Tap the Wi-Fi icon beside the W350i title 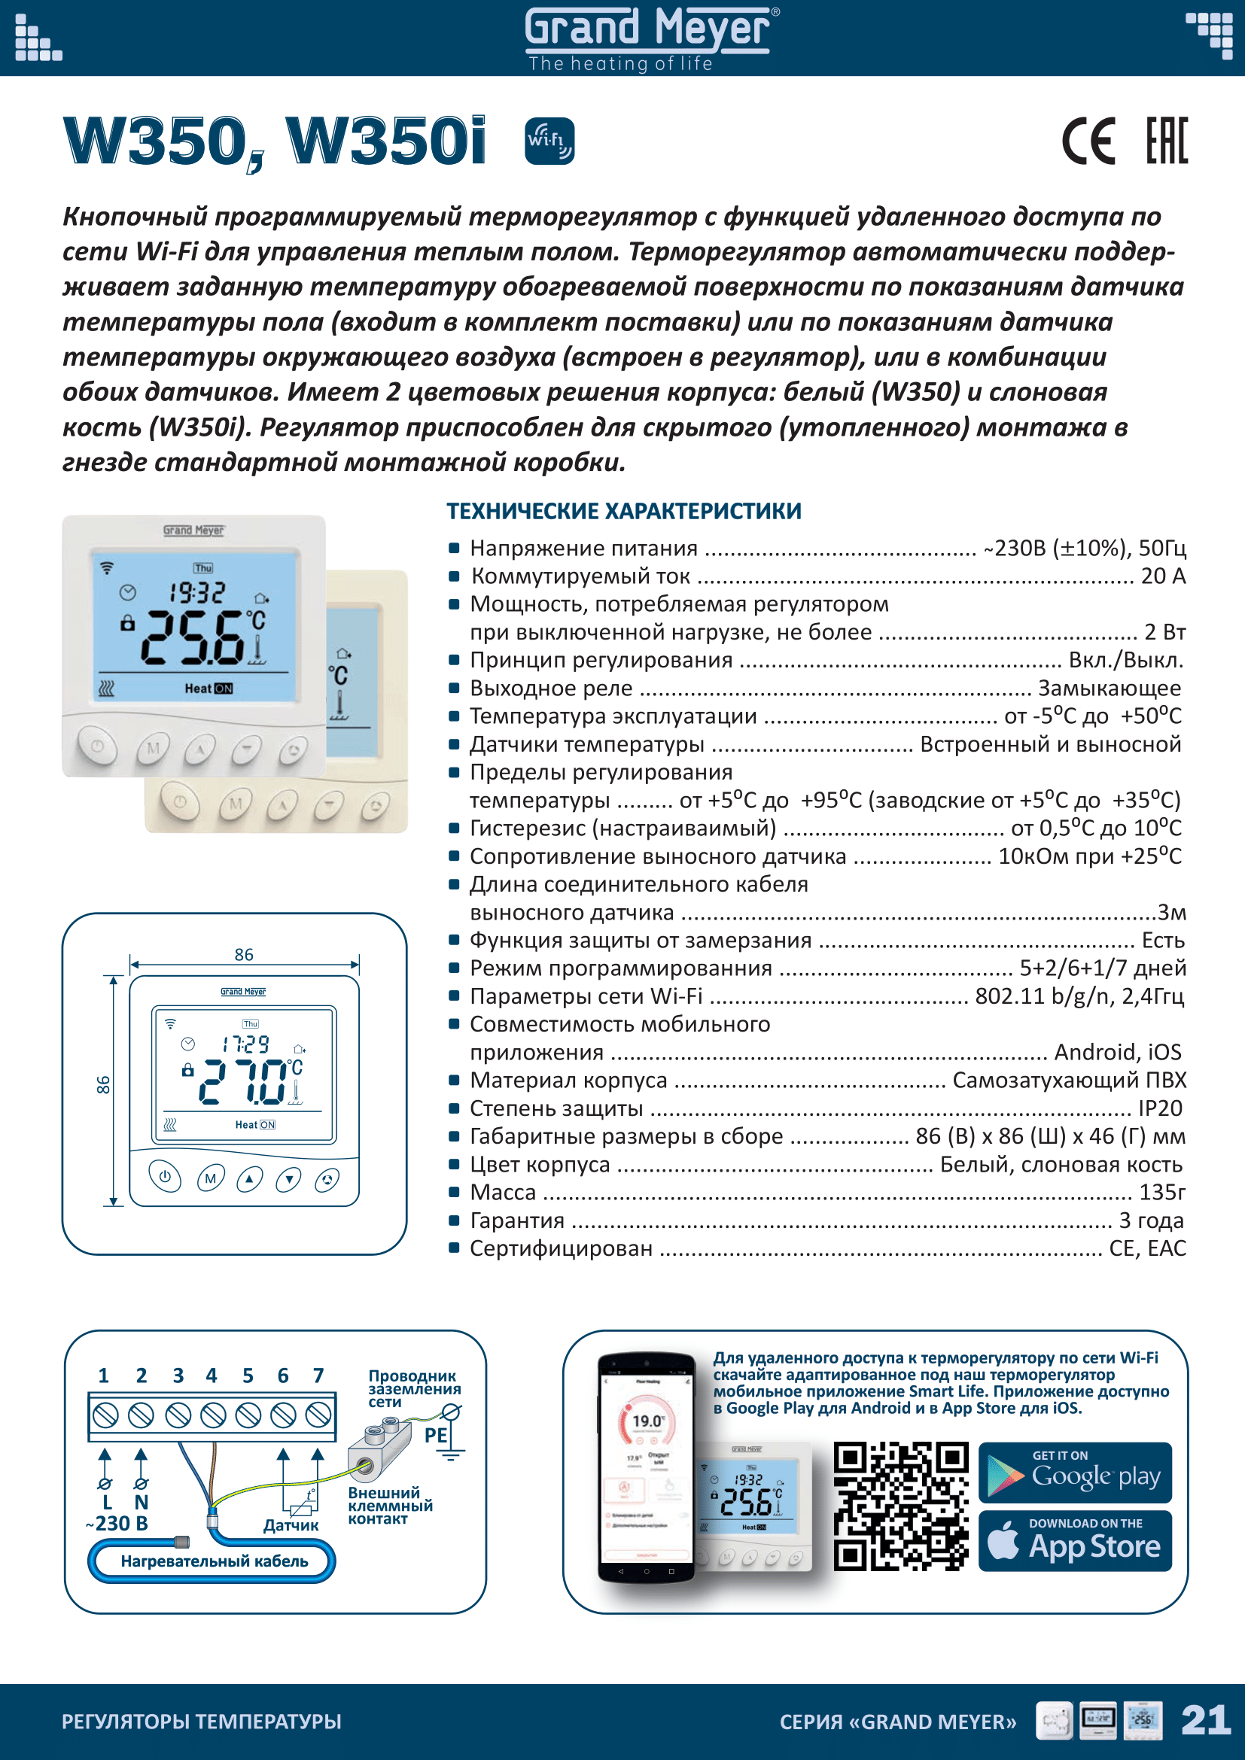pos(549,141)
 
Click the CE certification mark pos(1088,141)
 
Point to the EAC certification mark pos(1166,141)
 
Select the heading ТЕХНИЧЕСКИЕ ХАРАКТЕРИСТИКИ pos(624,511)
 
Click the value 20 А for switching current pos(1162,576)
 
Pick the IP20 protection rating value pos(1160,1108)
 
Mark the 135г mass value pos(1162,1193)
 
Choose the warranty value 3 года pos(1151,1220)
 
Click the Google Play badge pos(1075,1473)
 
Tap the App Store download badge pos(1075,1542)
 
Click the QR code pos(901,1507)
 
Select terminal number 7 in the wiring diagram pos(318,1376)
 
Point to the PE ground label pos(435,1435)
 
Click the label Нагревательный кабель pos(214,1561)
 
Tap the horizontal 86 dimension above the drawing pos(244,955)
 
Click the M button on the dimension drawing pos(211,1178)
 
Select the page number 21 pos(1205,1721)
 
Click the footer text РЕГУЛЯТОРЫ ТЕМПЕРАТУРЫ pos(202,1722)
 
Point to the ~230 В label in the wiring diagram pos(117,1524)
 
